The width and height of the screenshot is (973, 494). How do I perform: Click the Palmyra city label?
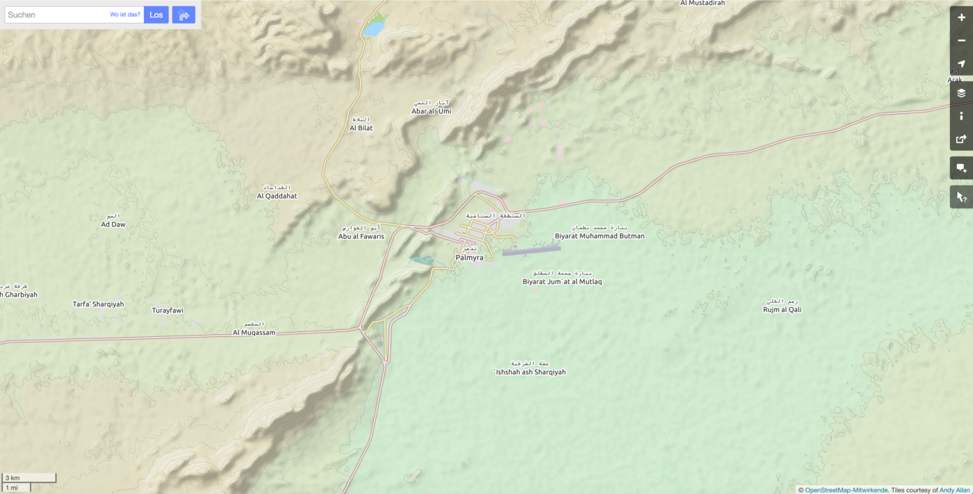point(469,258)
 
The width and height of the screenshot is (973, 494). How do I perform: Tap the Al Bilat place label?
point(361,128)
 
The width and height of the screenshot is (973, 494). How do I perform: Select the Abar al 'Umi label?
point(431,111)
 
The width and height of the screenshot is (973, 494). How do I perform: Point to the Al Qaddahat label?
point(277,196)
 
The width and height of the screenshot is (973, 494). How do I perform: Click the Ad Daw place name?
point(113,224)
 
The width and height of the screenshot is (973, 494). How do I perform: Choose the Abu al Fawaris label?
point(361,236)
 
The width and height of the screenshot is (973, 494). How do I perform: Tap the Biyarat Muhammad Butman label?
point(599,236)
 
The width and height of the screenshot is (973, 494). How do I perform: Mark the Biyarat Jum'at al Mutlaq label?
point(562,281)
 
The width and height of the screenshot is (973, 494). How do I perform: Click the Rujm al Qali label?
point(782,309)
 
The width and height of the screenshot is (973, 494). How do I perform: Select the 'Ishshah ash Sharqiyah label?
point(530,372)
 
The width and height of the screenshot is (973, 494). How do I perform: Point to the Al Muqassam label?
point(254,332)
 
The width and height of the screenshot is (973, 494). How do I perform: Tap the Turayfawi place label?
point(167,310)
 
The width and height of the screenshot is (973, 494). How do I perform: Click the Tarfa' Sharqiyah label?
point(98,304)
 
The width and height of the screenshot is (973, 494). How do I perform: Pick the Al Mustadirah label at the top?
point(702,3)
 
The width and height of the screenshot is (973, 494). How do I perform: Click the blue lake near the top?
point(373,28)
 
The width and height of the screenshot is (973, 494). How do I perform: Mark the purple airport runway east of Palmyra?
point(532,251)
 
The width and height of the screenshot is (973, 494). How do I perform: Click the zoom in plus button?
point(961,17)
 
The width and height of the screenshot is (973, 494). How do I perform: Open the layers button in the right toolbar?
point(961,93)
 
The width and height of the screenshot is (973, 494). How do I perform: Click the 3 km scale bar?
point(29,478)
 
